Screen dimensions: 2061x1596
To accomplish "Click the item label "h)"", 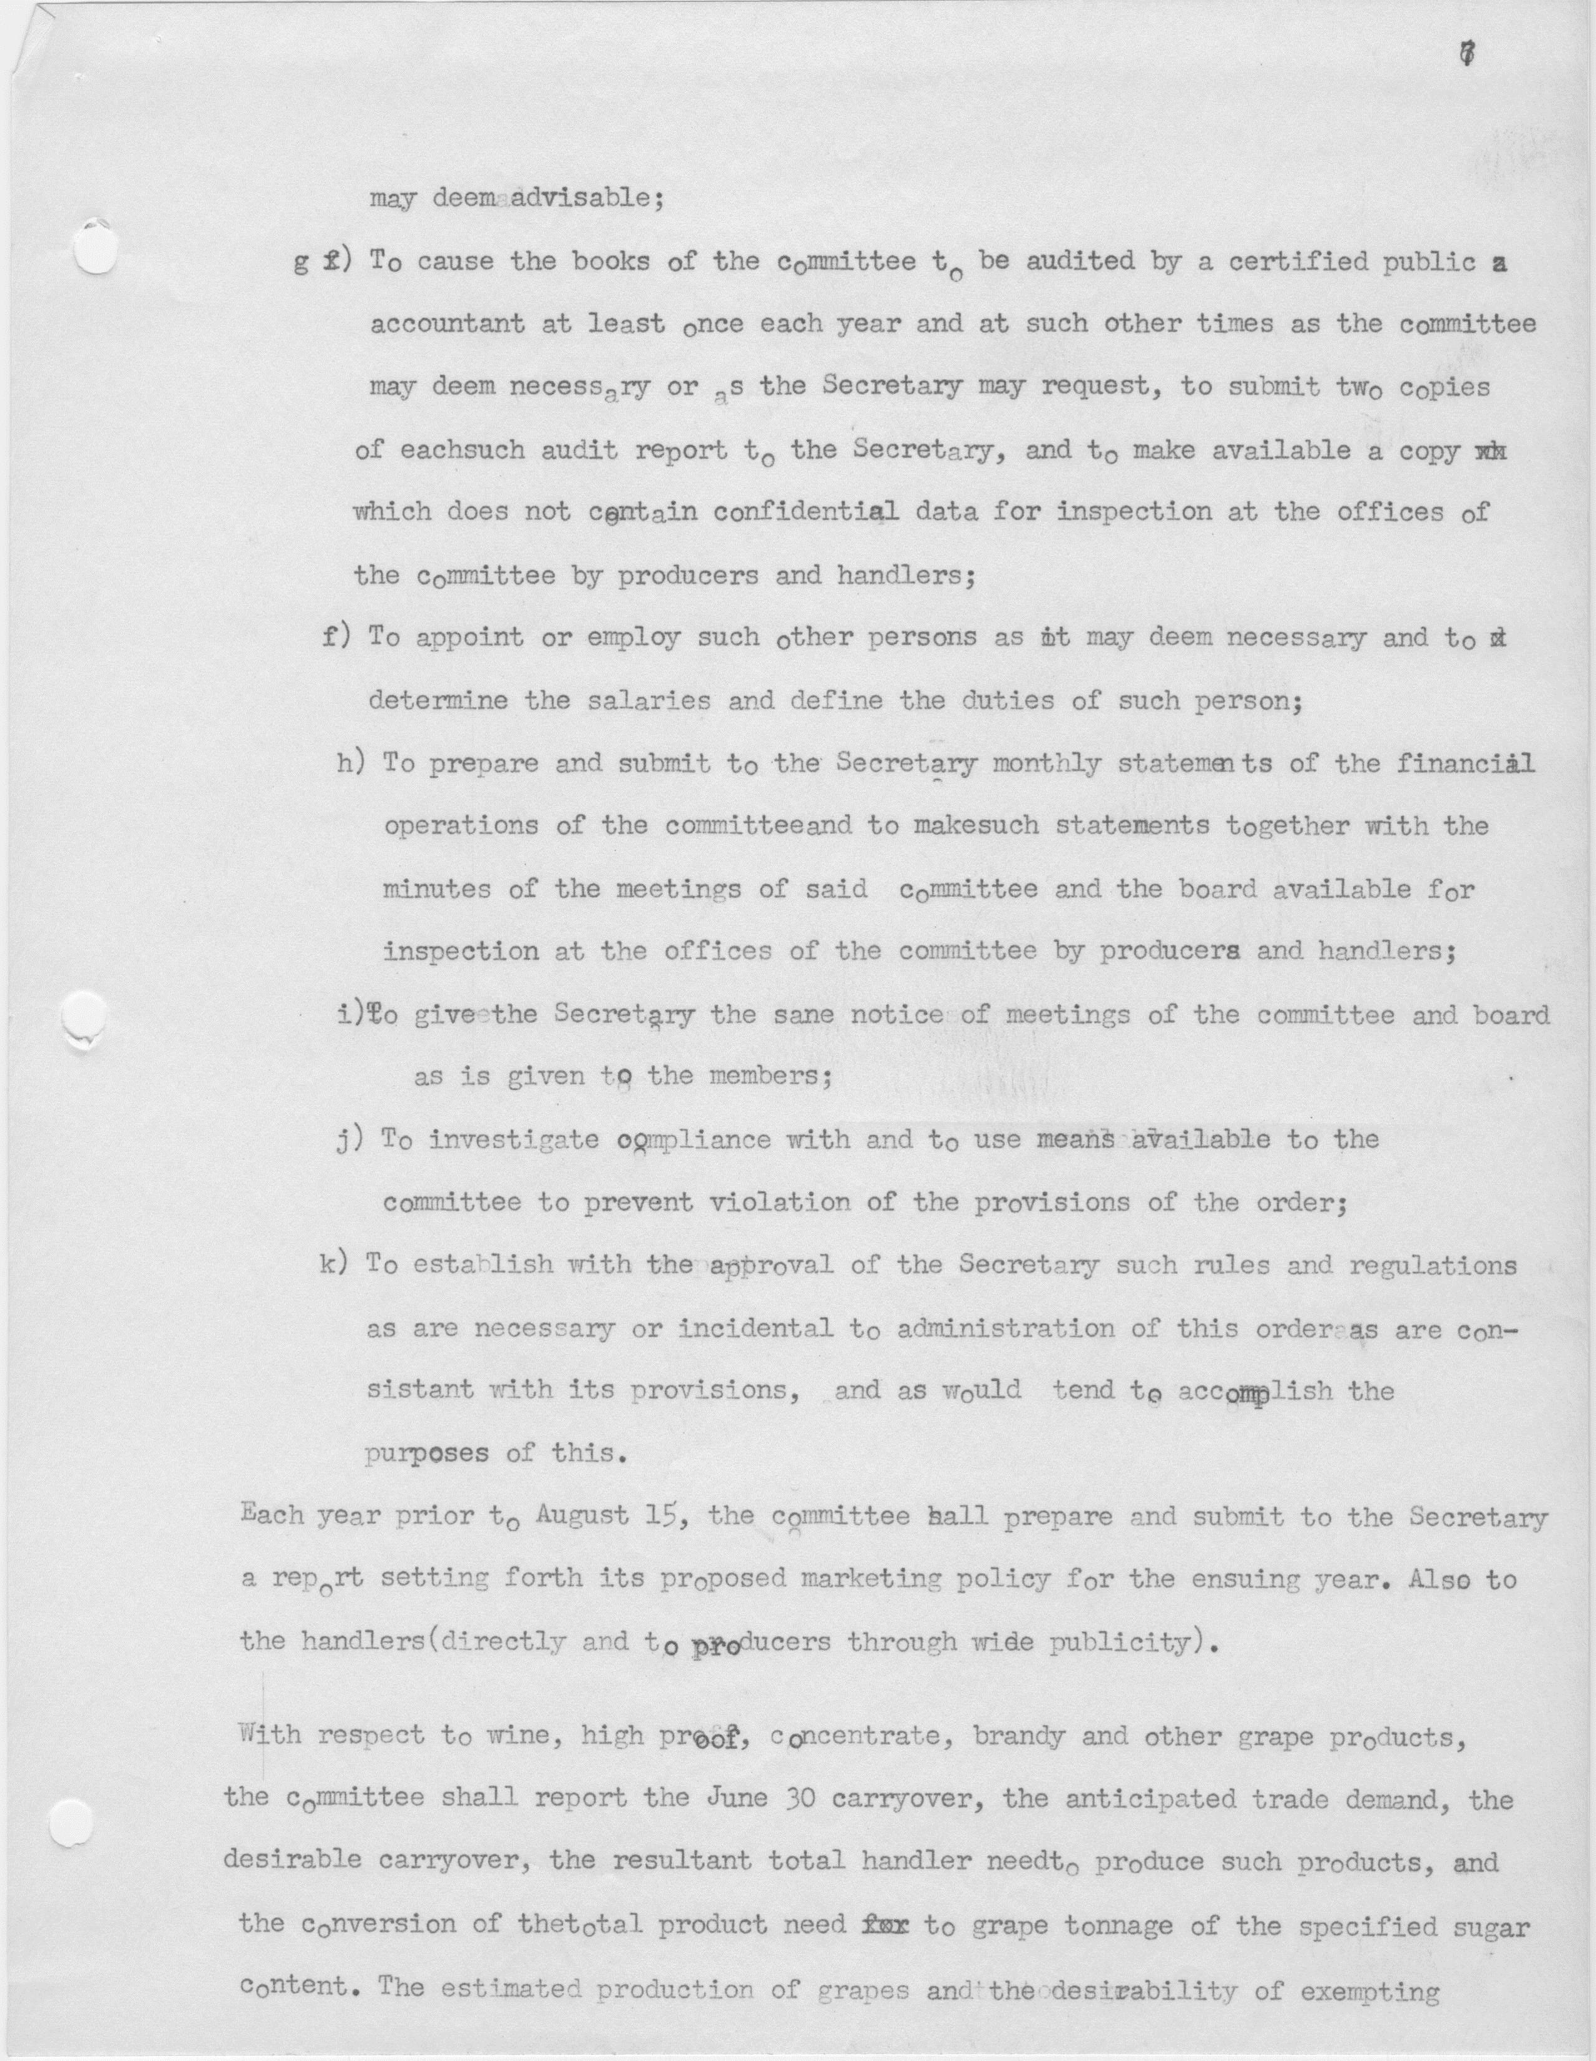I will (351, 763).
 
